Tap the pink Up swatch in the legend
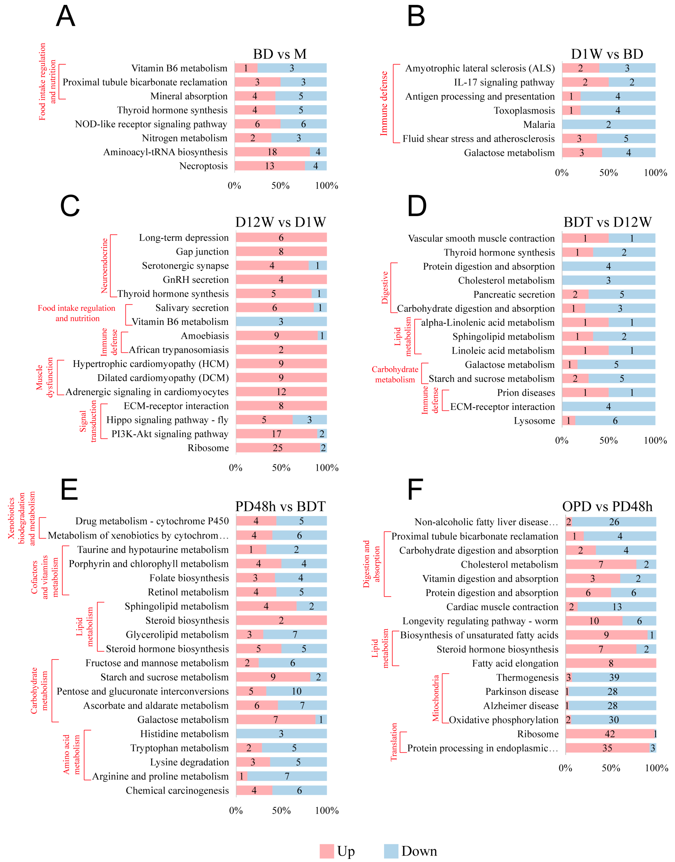pos(327,851)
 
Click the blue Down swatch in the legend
pos(391,851)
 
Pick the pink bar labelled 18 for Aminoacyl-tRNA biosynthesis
pos(272,152)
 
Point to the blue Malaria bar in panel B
pos(609,125)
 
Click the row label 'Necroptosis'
pos(203,166)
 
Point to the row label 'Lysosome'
pos(534,421)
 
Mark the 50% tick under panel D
pos(609,441)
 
